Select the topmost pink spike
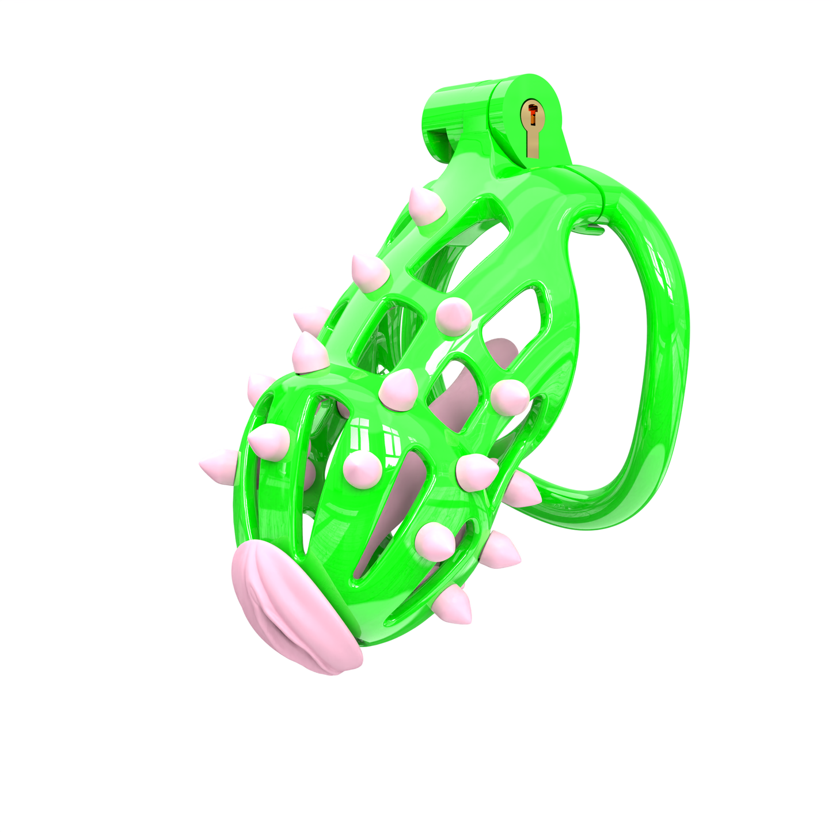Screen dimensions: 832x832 [x=427, y=205]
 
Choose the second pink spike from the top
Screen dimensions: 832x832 [x=369, y=271]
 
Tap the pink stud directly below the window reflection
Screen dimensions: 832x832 [x=362, y=466]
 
